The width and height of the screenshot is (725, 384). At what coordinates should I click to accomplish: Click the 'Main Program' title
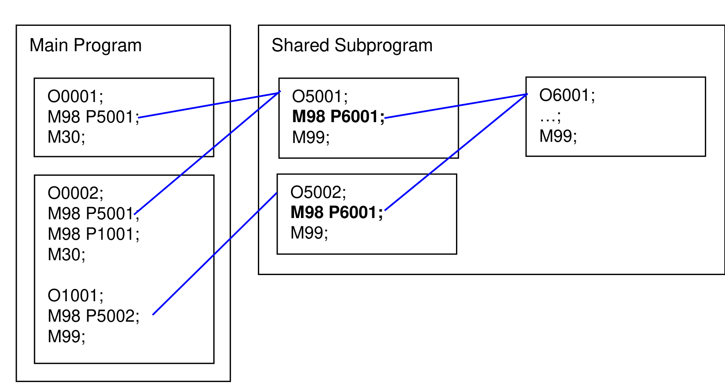click(86, 45)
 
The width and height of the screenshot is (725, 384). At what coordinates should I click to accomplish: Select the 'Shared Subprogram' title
click(352, 45)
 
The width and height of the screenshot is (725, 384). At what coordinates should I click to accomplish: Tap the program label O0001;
click(75, 97)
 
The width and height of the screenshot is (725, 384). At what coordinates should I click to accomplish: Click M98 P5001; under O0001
click(93, 117)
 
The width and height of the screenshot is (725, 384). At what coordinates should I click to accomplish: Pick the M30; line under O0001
click(66, 137)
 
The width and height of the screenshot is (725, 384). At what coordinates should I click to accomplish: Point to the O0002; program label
click(75, 193)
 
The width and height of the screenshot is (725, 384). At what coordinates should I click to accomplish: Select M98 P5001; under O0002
click(93, 214)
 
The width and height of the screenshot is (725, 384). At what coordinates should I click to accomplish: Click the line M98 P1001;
click(93, 234)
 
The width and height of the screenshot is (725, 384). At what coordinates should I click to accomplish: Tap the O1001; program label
click(75, 296)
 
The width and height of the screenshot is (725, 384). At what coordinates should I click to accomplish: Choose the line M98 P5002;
click(93, 316)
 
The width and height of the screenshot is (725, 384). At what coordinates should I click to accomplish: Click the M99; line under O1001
click(66, 337)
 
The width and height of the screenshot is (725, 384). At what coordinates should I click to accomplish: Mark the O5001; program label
click(320, 97)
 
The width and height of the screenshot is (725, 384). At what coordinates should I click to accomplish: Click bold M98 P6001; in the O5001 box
click(338, 117)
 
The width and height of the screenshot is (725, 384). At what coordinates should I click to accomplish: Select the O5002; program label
click(318, 193)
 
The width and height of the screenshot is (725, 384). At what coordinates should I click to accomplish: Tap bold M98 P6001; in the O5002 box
click(337, 213)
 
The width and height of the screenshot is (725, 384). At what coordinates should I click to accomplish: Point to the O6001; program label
click(567, 95)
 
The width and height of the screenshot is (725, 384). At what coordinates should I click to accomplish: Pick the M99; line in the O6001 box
click(558, 136)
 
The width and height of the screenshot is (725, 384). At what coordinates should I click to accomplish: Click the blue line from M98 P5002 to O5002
click(215, 254)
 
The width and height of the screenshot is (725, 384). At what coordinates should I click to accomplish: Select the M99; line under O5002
click(309, 233)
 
